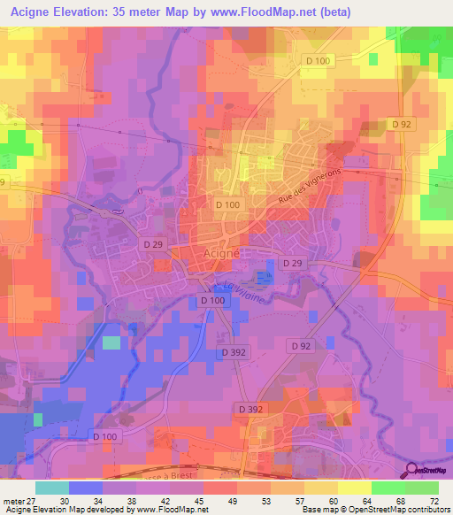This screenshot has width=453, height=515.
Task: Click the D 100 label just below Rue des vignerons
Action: (x=226, y=205)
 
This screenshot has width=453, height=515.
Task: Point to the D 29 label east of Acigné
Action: (x=293, y=263)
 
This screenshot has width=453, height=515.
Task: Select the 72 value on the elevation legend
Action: (x=433, y=502)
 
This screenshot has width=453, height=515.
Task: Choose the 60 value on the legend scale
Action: (x=332, y=502)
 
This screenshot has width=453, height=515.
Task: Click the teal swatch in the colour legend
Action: (x=52, y=488)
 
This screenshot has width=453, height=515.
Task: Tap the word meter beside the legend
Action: (x=12, y=502)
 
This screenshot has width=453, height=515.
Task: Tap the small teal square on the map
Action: (x=111, y=342)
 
